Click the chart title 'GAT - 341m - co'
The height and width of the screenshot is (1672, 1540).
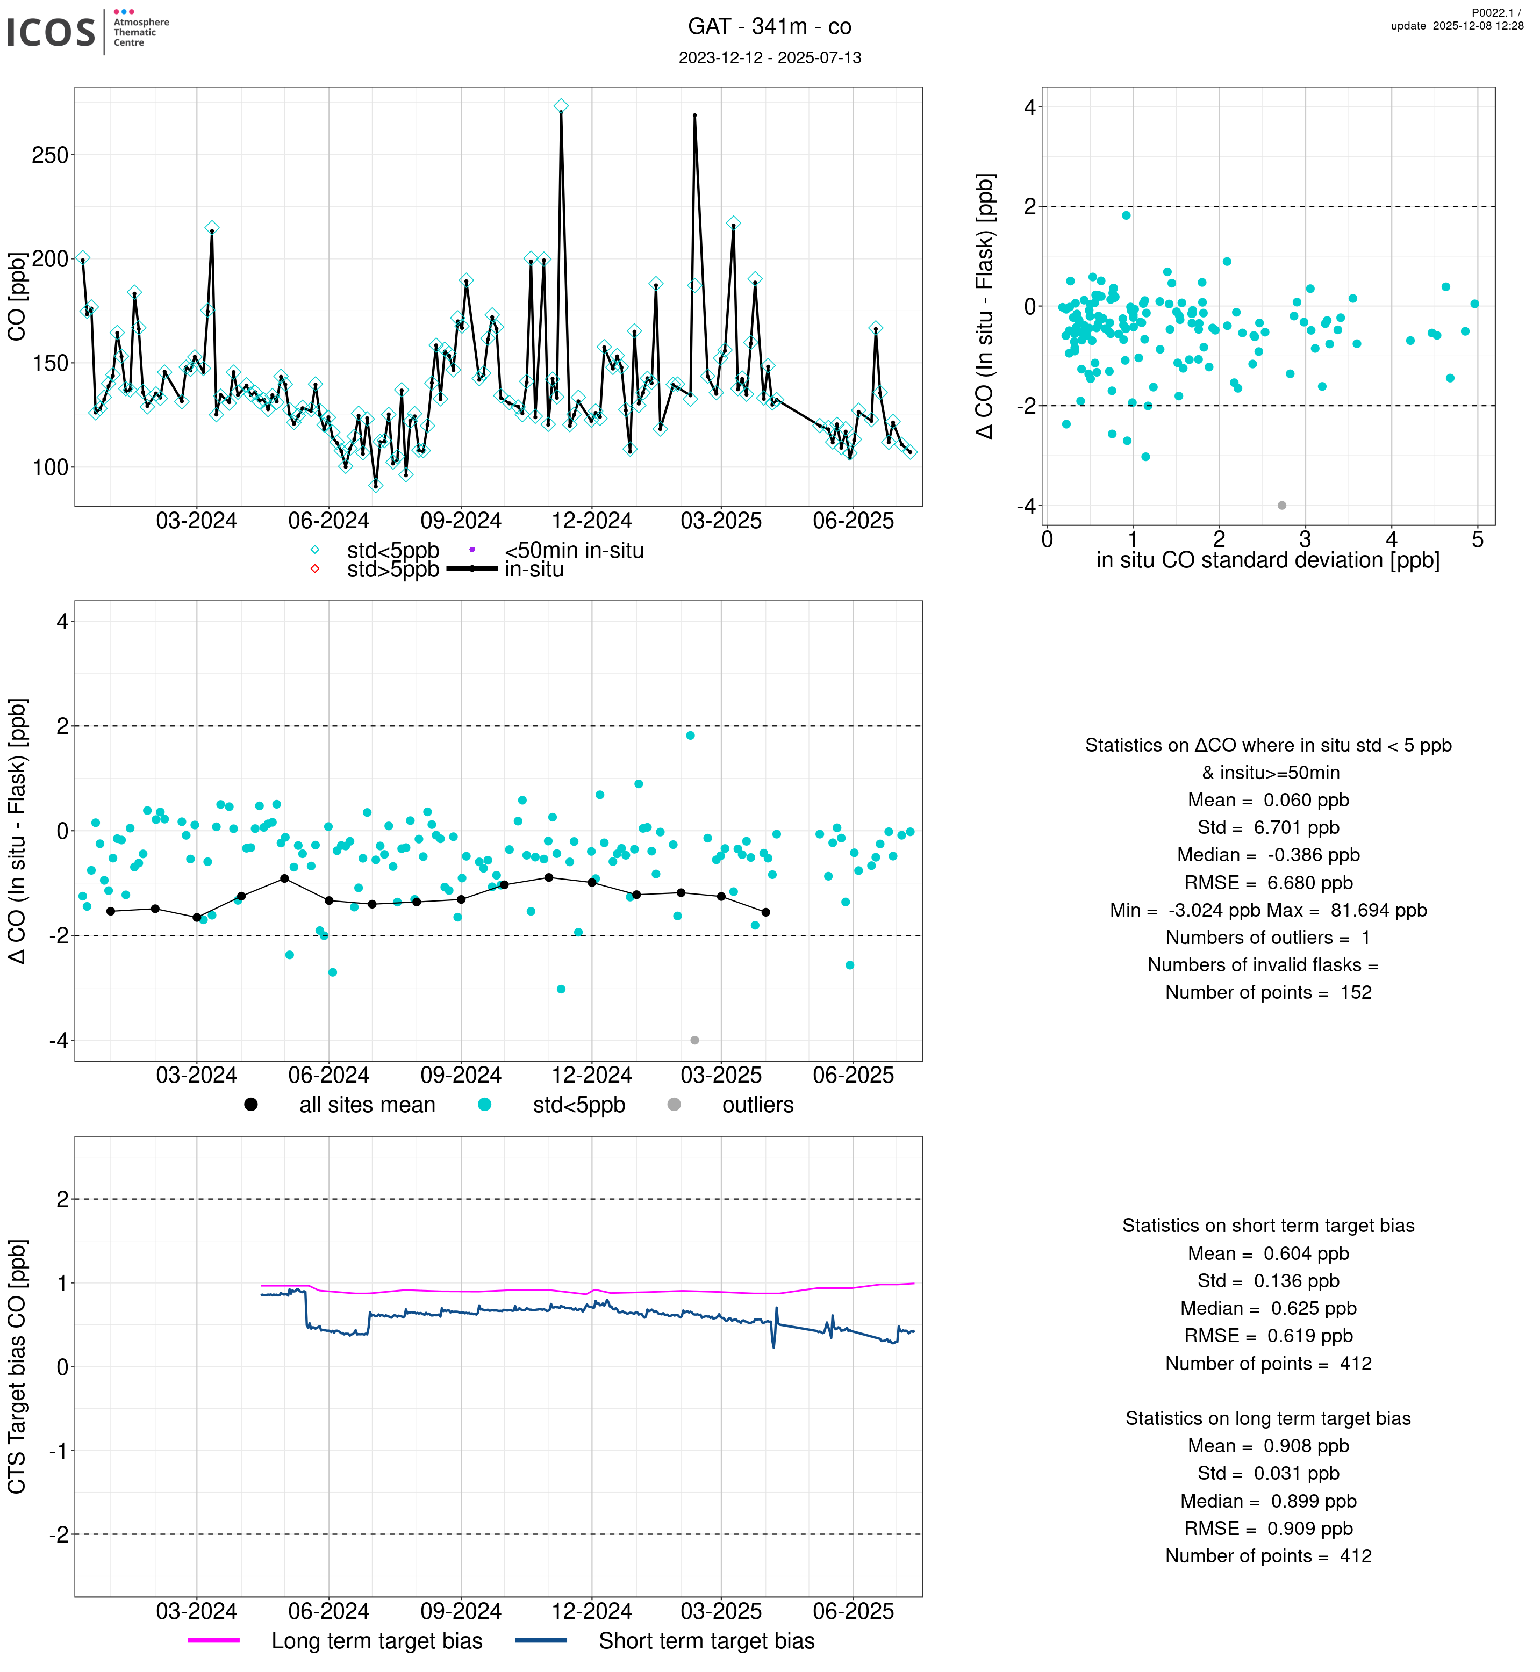(x=769, y=27)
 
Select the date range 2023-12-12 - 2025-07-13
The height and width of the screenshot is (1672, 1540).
(x=769, y=57)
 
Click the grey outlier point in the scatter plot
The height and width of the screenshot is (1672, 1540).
(x=1281, y=506)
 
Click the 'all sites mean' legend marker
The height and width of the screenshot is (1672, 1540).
(x=251, y=1105)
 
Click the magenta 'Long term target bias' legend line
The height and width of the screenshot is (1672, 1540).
(x=213, y=1640)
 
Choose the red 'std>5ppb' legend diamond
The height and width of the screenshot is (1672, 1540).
(x=315, y=569)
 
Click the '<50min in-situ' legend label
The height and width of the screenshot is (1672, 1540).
(x=574, y=551)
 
